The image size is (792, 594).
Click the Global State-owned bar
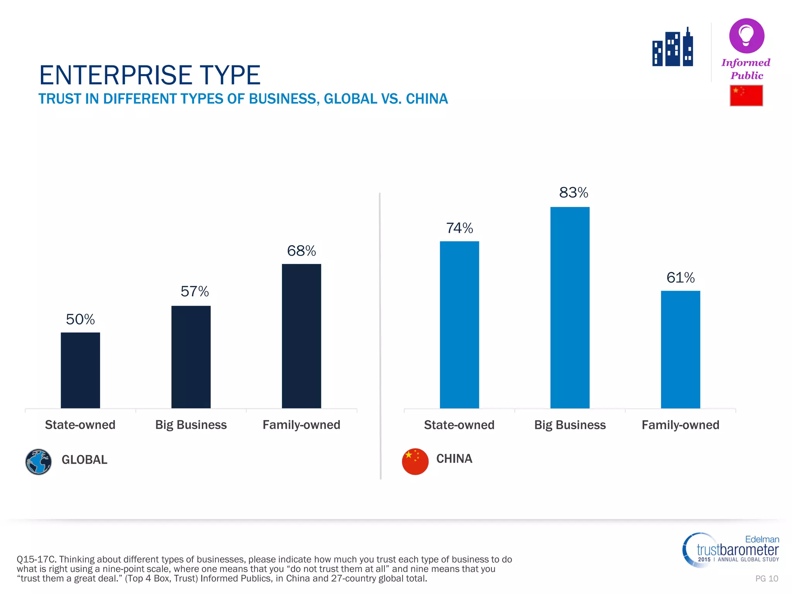point(80,370)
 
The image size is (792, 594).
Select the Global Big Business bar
point(191,357)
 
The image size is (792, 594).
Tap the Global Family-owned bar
point(301,336)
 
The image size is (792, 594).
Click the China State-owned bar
point(459,324)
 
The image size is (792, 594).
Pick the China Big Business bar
point(570,307)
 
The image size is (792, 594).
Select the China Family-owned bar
point(680,349)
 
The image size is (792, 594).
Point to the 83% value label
point(574,193)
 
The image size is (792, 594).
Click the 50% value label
point(80,319)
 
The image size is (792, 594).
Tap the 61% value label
point(680,278)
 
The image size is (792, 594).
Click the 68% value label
point(301,251)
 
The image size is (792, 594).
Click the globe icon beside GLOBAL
point(38,461)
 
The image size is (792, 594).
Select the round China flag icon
point(415,461)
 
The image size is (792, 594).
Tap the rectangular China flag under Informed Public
point(746,96)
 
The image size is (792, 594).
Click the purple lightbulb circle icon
point(746,36)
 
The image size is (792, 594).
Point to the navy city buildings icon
point(673,48)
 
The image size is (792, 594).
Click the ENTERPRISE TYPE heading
point(150,75)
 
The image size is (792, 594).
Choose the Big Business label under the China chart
point(570,425)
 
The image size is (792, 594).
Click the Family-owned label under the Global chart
point(301,425)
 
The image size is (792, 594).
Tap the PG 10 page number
point(766,579)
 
